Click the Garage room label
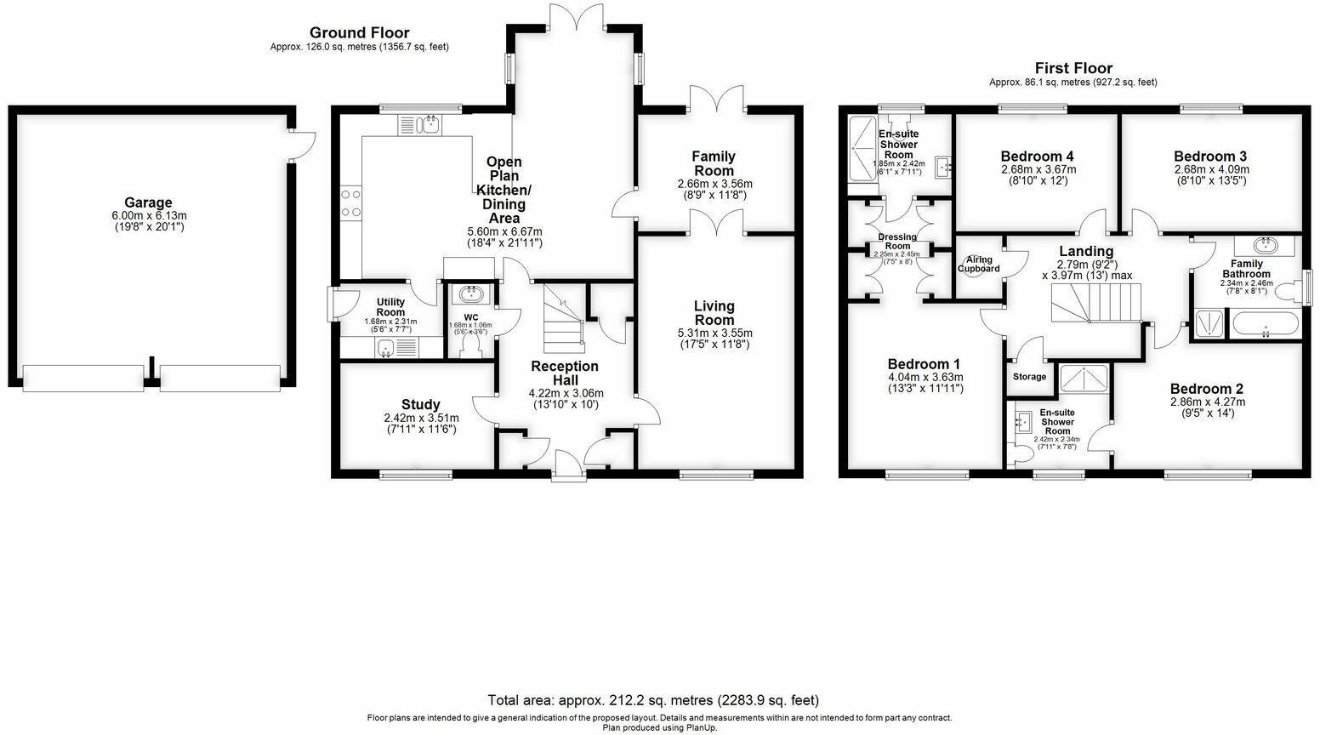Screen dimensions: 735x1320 pos(149,202)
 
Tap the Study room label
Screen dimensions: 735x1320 pos(420,404)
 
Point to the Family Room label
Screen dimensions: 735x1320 pos(714,156)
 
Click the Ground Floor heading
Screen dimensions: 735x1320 pos(359,33)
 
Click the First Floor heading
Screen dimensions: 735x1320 pos(1072,68)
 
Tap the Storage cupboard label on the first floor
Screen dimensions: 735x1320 pos(1029,376)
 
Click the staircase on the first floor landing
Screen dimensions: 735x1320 pos(1096,303)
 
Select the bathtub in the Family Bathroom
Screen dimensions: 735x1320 pos(1265,324)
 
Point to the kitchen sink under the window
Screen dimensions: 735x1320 pos(428,125)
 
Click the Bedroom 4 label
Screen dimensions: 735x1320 pos(1036,157)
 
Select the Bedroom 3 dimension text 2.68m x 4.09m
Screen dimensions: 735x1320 pos(1210,169)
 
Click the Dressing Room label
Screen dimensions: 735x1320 pos(897,237)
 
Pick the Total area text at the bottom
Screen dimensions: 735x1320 pos(652,700)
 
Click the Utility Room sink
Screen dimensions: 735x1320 pos(386,347)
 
